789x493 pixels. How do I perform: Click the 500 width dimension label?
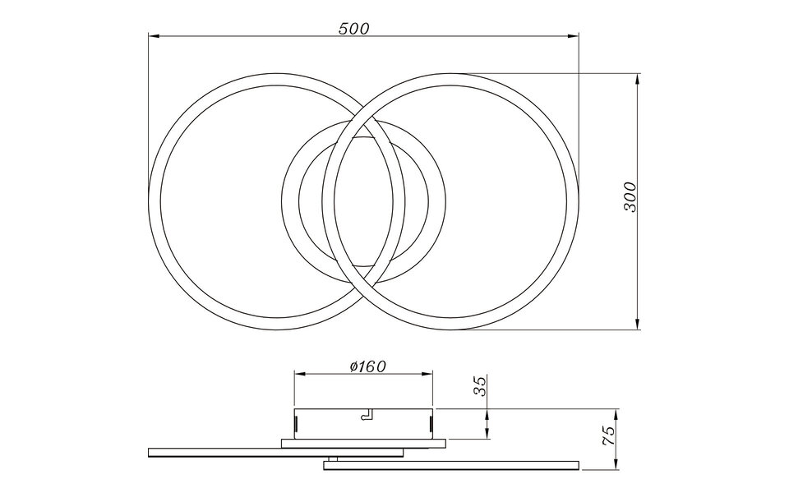click(x=354, y=28)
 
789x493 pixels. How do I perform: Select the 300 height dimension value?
click(x=630, y=197)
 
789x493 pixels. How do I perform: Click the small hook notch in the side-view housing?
click(x=367, y=416)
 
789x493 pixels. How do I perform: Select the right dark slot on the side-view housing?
click(x=431, y=423)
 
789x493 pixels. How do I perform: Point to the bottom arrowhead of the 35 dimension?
click(x=489, y=435)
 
